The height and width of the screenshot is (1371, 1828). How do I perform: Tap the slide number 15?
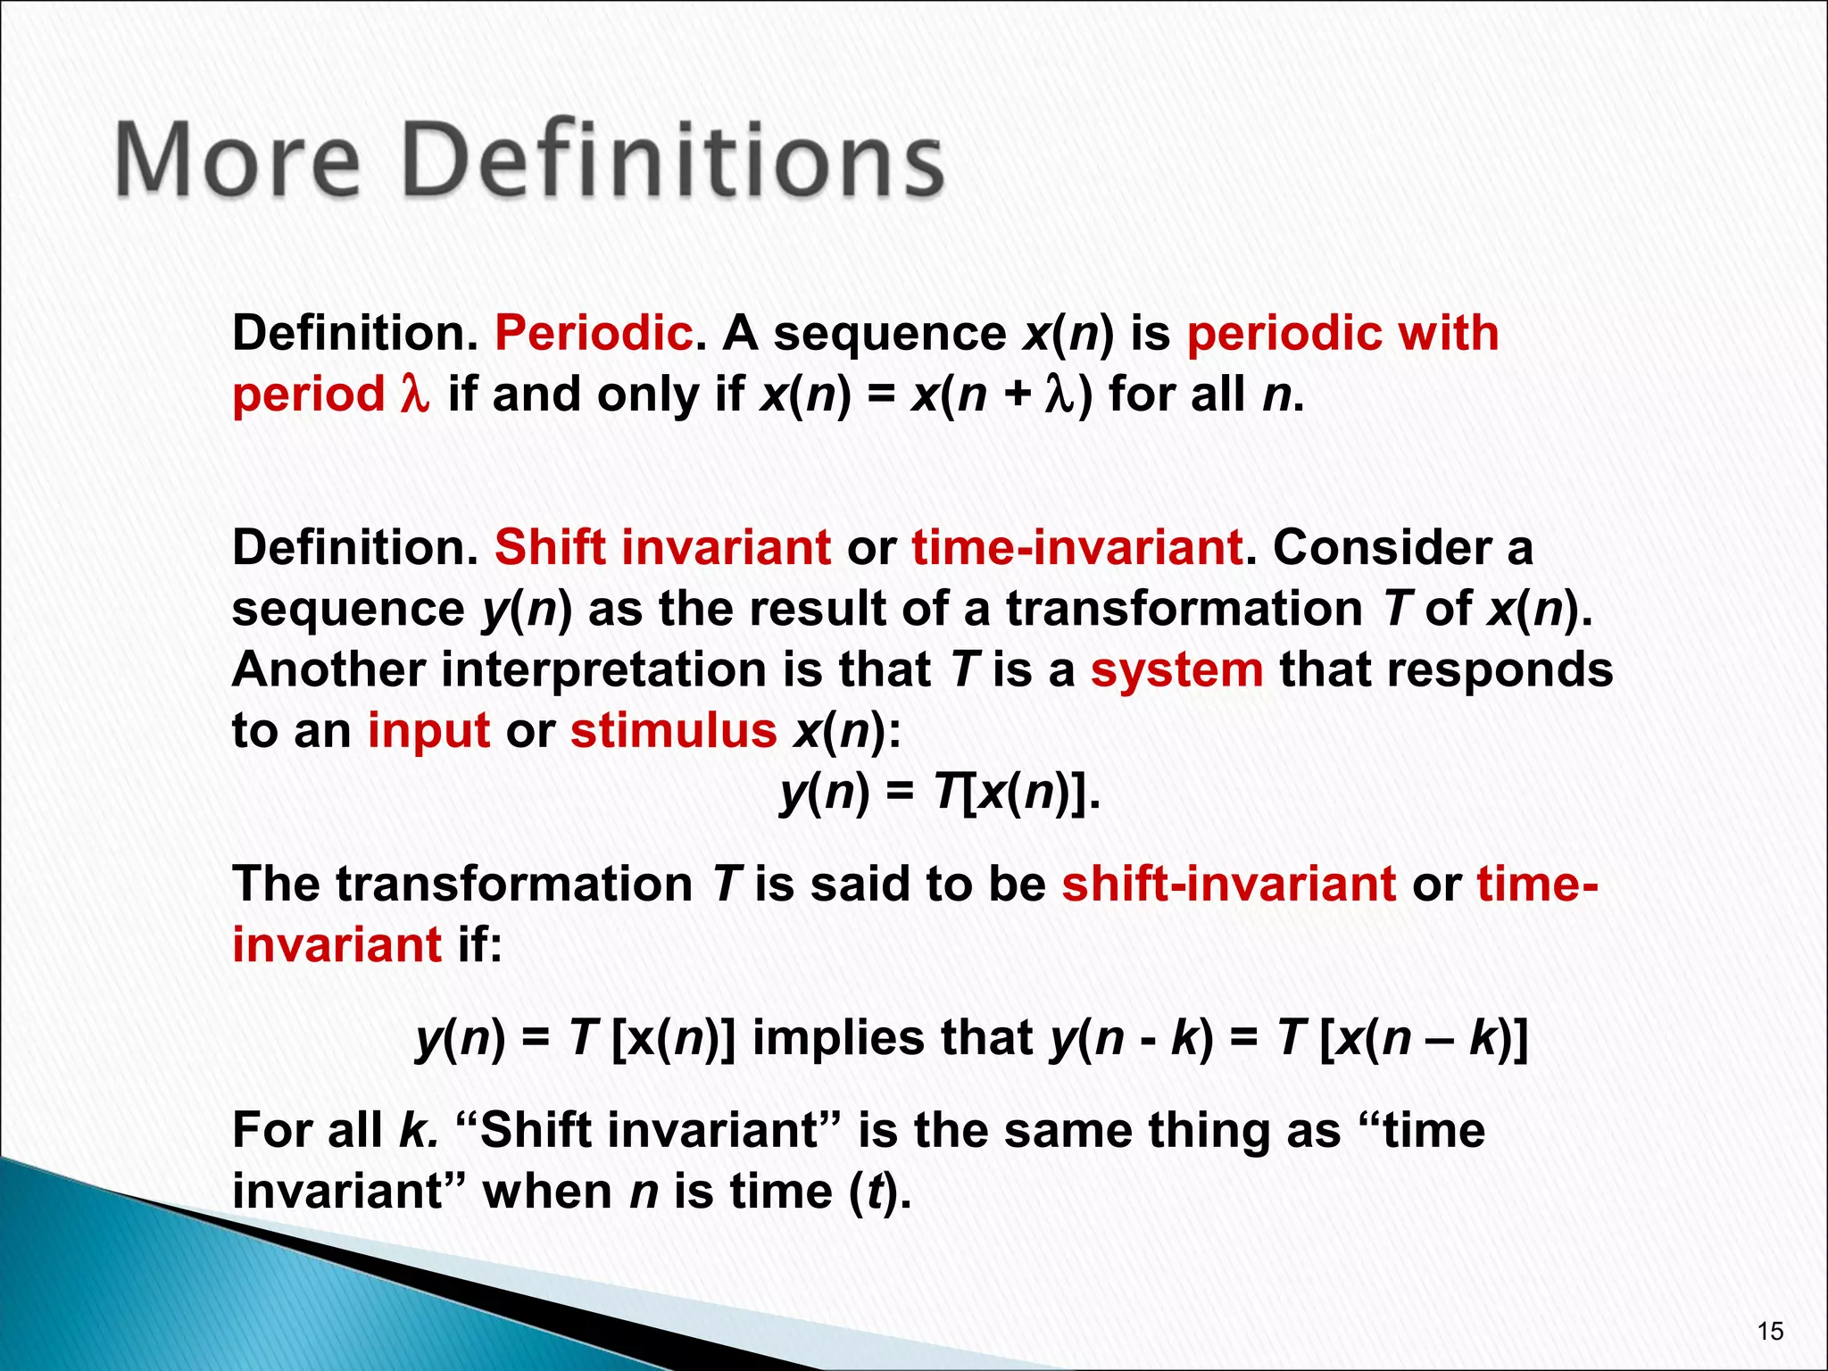pos(1769,1332)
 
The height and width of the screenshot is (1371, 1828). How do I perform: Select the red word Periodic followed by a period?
pos(594,334)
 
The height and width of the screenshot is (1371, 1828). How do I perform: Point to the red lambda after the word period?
pos(415,394)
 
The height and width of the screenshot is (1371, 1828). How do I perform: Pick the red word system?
pos(1176,670)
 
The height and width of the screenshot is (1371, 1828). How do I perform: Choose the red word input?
pos(428,732)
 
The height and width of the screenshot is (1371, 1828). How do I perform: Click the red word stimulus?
pos(674,731)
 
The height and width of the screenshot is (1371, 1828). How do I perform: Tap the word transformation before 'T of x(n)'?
pos(1184,609)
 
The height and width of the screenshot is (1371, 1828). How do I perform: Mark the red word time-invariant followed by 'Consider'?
pos(1076,547)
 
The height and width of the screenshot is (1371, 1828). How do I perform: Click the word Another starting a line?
pos(328,670)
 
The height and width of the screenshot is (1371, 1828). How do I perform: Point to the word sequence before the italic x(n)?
pos(889,334)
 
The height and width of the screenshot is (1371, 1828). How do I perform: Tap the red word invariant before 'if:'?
pos(337,944)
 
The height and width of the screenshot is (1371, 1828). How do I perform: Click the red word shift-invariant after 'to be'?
pos(1228,884)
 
